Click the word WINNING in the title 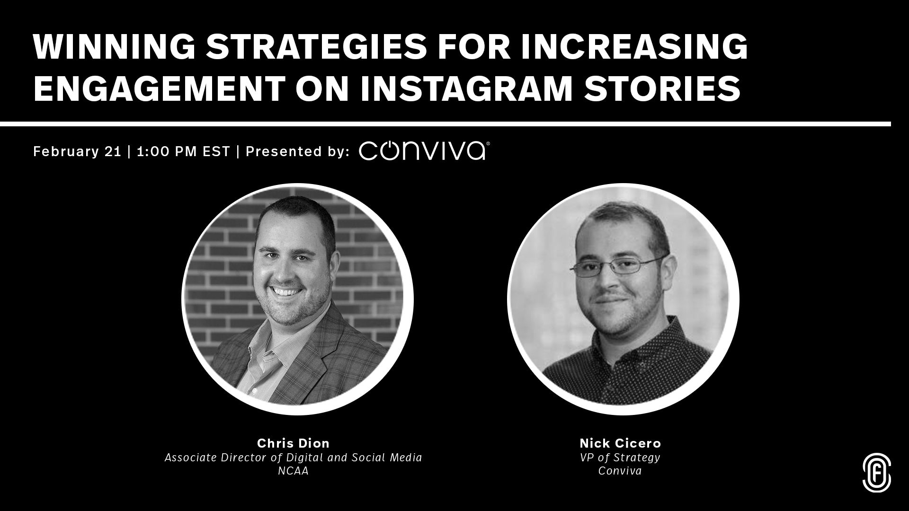point(114,47)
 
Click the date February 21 point(78,151)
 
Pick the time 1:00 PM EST point(183,151)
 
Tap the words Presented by point(298,151)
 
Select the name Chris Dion point(293,443)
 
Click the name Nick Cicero point(620,443)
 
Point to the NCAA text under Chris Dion point(293,471)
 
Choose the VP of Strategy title point(620,458)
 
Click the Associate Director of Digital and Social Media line point(293,458)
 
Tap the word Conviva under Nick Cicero point(620,471)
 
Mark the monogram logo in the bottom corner point(876,473)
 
